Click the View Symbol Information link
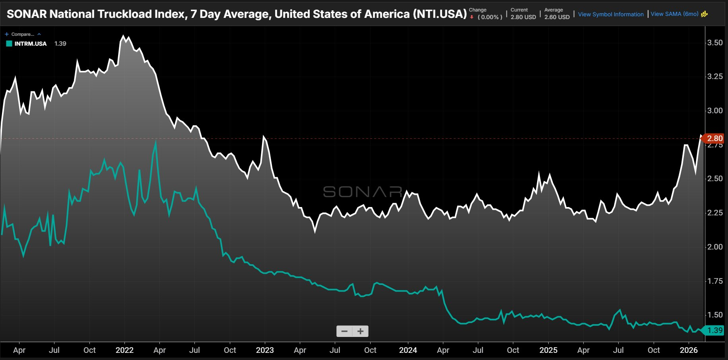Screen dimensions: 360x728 point(611,14)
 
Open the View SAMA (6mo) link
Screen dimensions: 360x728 point(674,14)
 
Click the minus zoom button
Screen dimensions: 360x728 point(344,331)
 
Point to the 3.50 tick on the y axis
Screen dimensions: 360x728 point(715,43)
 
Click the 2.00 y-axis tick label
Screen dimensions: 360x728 point(715,247)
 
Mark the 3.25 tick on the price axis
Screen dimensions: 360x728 point(715,76)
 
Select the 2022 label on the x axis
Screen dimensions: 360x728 point(124,350)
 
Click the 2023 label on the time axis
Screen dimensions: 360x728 point(265,350)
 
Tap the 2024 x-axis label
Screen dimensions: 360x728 point(408,350)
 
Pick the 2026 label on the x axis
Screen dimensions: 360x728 point(689,350)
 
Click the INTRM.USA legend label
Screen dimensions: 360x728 point(31,44)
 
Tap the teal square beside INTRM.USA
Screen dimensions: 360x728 point(9,44)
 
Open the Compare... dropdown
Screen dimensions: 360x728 point(23,34)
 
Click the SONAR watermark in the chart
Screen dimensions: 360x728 point(363,192)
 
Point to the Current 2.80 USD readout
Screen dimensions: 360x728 point(523,14)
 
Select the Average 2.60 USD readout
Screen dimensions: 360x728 point(557,14)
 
